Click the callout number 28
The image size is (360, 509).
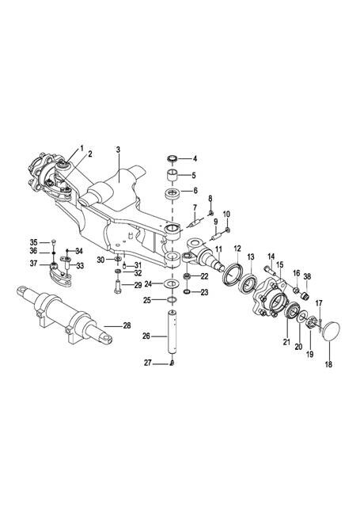click(127, 325)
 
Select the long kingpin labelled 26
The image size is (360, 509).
click(172, 333)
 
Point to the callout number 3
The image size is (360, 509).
click(118, 150)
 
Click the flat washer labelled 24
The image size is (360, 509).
click(172, 283)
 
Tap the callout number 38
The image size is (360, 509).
click(307, 277)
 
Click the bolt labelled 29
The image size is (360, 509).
click(117, 286)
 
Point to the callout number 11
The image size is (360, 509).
click(218, 249)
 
